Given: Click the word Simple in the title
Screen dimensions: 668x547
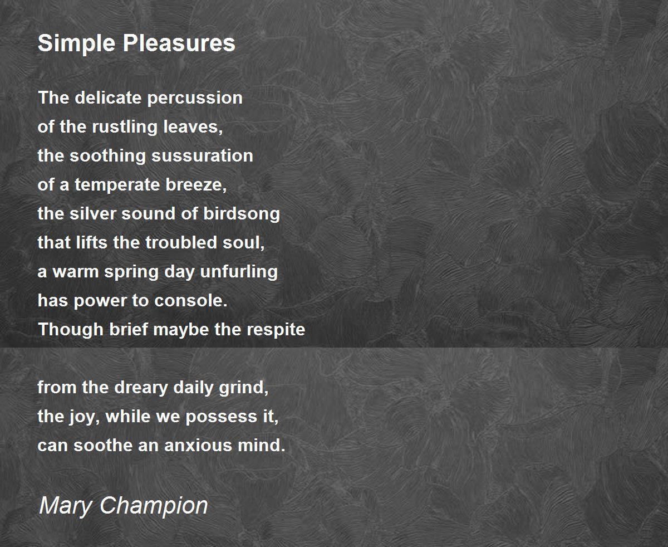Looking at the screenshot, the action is point(76,43).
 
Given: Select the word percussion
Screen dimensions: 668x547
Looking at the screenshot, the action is point(195,98).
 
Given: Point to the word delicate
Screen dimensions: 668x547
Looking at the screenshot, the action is point(108,97).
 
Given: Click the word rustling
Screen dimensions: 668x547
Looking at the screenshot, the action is point(125,128).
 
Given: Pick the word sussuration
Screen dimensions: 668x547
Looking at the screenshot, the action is point(202,155).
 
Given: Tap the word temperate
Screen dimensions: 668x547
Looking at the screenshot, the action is point(117,185).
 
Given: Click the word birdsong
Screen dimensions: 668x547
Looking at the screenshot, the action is point(242,214).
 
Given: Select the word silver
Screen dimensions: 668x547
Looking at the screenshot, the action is point(93,213).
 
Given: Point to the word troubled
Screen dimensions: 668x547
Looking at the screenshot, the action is point(181,242).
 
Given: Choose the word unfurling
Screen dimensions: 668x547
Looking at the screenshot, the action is point(239,272).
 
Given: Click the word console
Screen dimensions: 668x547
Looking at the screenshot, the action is point(191,300).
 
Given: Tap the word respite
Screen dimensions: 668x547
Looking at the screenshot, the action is point(276,330).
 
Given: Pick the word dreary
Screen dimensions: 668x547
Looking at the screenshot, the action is point(141,388).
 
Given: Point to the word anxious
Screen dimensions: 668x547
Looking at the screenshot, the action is point(198,446).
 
